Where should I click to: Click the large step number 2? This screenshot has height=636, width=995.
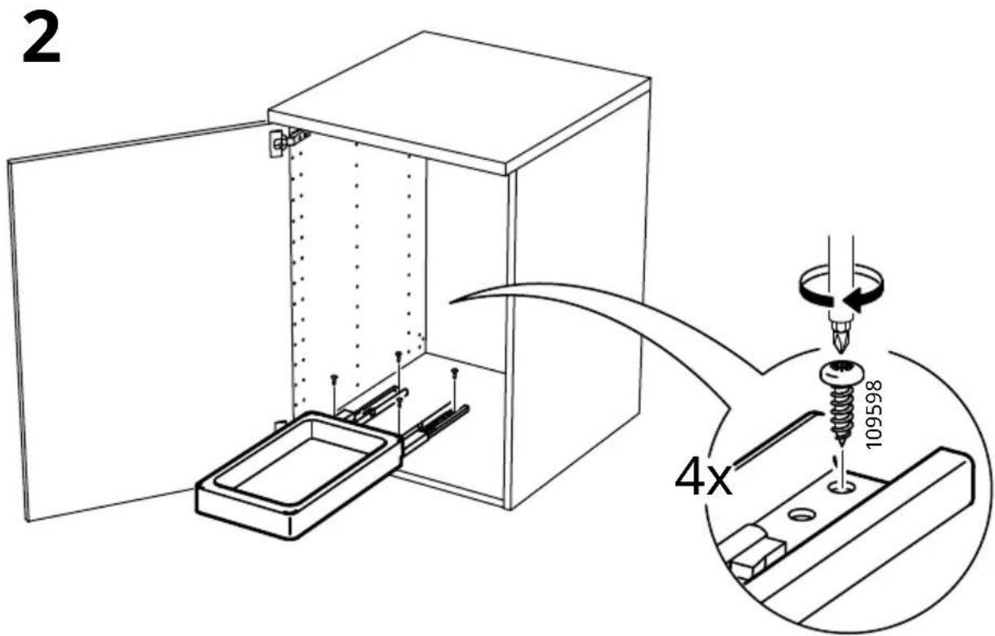tap(41, 39)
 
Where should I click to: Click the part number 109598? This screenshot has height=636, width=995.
tap(873, 414)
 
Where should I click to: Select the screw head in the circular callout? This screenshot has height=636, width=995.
tap(842, 374)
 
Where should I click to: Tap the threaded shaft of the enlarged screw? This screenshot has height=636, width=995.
tap(841, 414)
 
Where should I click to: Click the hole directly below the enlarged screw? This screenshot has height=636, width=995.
tap(841, 488)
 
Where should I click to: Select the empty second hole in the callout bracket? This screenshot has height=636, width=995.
tap(801, 515)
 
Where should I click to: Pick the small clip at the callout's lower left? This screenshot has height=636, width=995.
tap(751, 553)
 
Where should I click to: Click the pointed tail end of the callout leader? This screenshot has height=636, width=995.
tap(450, 302)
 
